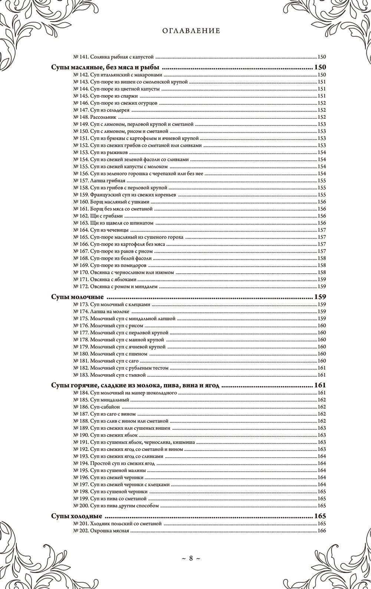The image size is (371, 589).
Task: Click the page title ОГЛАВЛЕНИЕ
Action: (191, 31)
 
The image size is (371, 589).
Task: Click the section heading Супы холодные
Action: (76, 516)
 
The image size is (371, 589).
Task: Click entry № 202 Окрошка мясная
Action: (101, 531)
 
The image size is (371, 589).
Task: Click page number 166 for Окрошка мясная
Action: (321, 531)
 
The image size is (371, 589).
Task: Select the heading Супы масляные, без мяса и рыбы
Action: (105, 68)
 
